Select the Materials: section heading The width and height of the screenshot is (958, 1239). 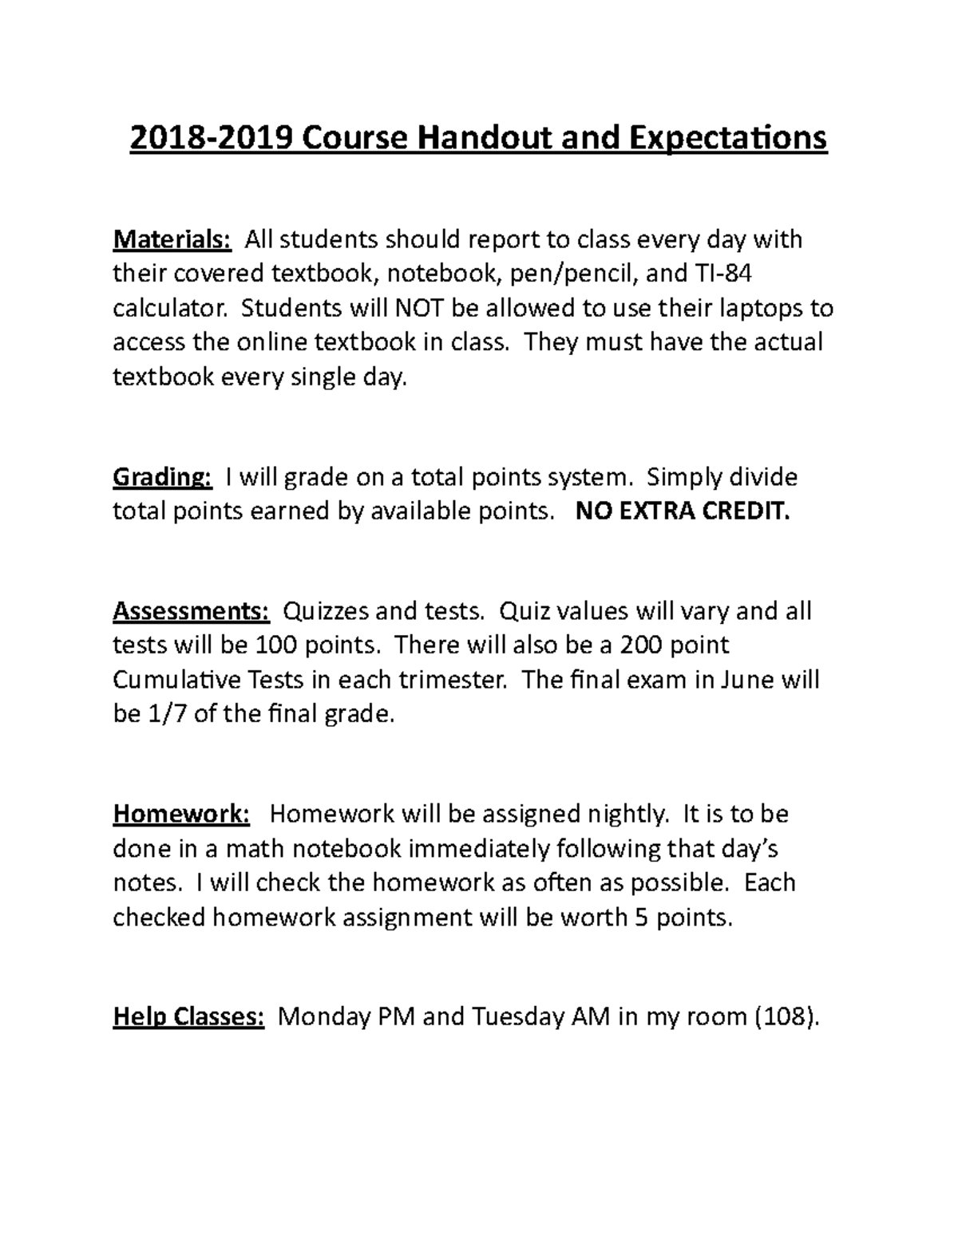[172, 239]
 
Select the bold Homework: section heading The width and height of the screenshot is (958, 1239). [182, 814]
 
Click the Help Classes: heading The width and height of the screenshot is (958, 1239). [188, 1017]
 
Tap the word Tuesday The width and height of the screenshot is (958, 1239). [519, 1017]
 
